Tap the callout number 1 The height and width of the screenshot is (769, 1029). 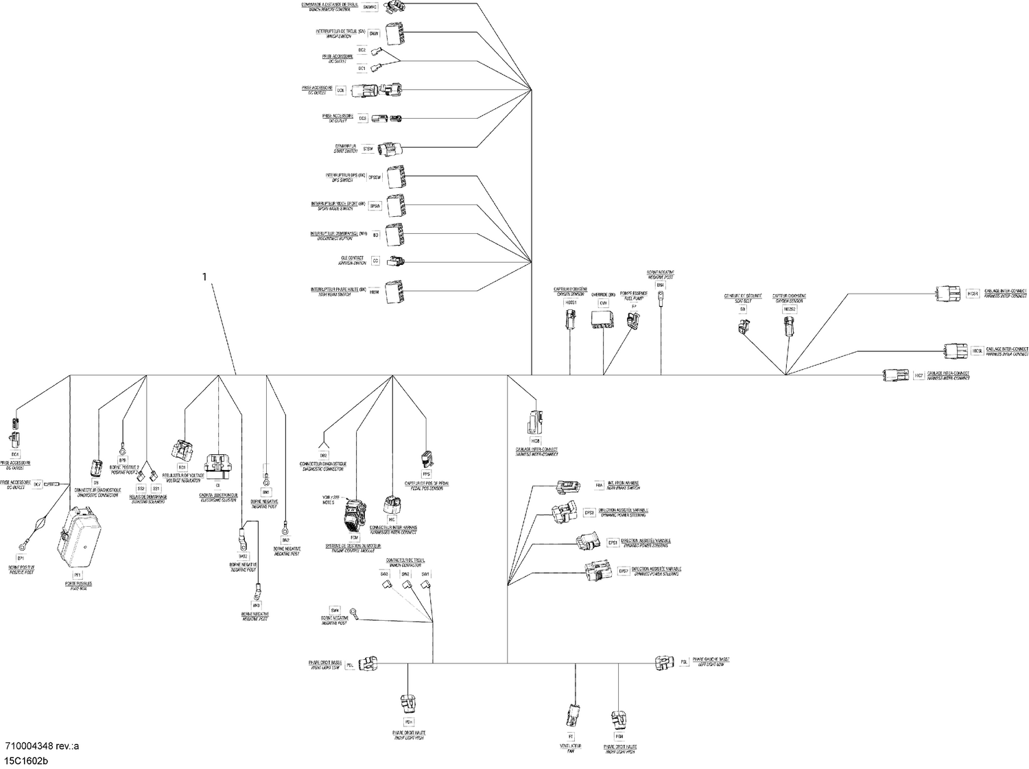tap(204, 277)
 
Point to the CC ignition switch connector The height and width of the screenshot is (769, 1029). tap(396, 261)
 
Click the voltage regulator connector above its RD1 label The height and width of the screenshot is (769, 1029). tap(181, 450)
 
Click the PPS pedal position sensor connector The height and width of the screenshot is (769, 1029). tap(426, 460)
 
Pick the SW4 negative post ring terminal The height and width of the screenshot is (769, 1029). tap(353, 611)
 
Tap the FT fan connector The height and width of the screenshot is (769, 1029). tap(571, 716)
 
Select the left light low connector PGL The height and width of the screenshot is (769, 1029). tap(665, 662)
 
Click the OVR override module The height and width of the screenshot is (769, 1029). tap(604, 320)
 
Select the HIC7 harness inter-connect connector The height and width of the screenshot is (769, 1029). tap(895, 375)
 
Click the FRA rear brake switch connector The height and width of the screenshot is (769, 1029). tap(569, 486)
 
